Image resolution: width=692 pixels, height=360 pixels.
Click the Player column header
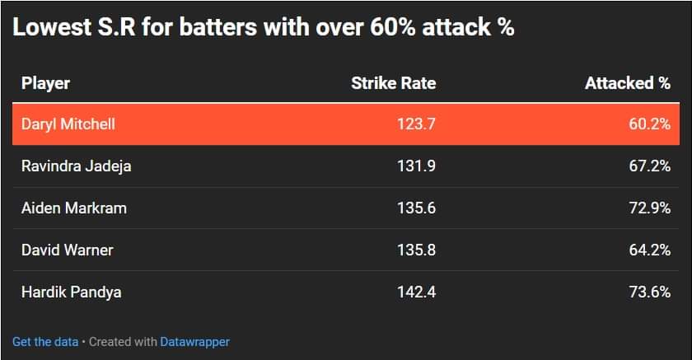click(45, 82)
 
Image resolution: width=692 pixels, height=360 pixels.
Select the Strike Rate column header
click(393, 82)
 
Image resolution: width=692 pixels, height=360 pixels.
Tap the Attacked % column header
click(627, 82)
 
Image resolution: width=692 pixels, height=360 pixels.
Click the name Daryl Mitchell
click(68, 124)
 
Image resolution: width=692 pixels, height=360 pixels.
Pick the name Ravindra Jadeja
click(76, 166)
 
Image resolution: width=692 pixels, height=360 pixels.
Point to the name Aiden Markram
click(74, 208)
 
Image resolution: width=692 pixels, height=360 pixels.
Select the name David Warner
click(68, 250)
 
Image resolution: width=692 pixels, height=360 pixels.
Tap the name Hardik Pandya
click(72, 292)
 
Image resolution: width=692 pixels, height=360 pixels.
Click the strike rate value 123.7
click(416, 124)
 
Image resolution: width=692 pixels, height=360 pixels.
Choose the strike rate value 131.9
click(416, 166)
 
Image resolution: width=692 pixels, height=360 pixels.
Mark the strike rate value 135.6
click(416, 208)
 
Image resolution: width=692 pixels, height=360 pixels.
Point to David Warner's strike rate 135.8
click(416, 250)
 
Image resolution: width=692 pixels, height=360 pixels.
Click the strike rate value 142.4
click(416, 292)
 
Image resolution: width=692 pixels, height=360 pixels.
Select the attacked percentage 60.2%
click(649, 124)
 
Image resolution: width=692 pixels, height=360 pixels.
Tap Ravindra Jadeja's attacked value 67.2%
click(649, 166)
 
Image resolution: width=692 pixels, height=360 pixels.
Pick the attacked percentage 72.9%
click(649, 208)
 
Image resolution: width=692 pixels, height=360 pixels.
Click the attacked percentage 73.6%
click(649, 292)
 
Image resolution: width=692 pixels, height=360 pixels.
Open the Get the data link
click(45, 341)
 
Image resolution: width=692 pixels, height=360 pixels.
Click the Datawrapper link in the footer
click(194, 341)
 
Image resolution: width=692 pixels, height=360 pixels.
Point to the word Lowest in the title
click(49, 27)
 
